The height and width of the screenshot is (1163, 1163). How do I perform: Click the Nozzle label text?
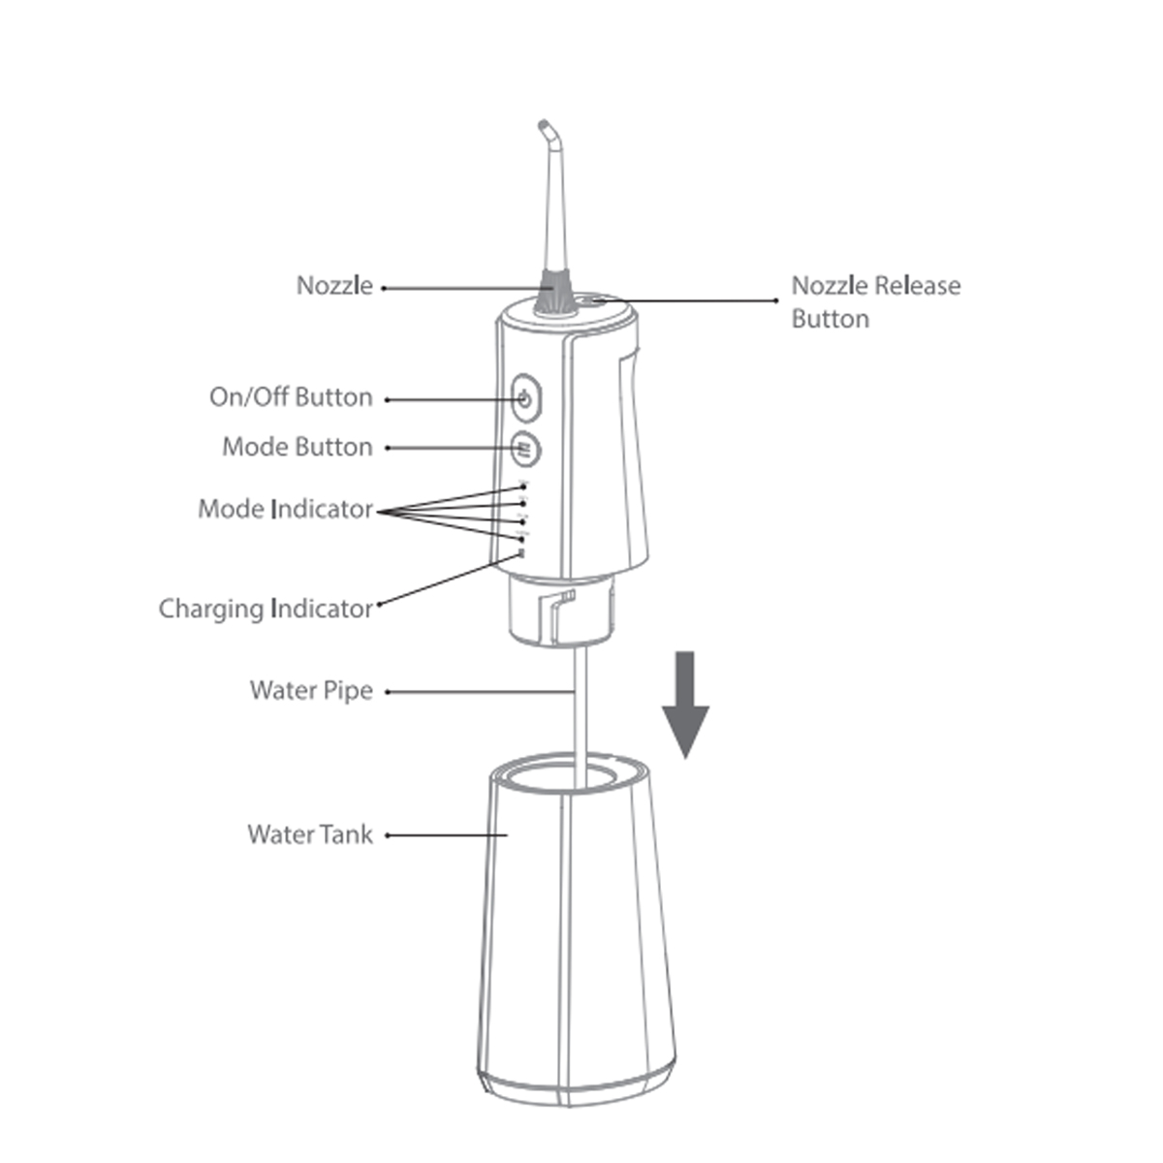click(x=333, y=286)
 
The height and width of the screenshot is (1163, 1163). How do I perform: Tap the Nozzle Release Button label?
click(x=875, y=301)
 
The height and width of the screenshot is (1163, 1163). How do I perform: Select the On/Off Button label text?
click(x=291, y=397)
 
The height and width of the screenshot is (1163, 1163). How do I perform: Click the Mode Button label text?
click(x=297, y=447)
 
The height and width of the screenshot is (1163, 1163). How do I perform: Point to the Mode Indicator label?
click(x=285, y=509)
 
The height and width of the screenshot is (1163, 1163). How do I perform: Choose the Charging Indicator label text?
click(x=266, y=609)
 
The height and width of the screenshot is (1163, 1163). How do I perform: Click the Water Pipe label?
click(x=310, y=690)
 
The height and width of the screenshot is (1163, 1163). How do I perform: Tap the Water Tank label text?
click(x=309, y=834)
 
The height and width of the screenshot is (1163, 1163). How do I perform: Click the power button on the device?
click(x=525, y=398)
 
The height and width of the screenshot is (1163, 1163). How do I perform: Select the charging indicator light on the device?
click(x=521, y=554)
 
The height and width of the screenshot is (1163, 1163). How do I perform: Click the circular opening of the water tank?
click(x=566, y=777)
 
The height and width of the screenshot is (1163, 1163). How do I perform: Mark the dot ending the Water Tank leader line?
click(x=388, y=834)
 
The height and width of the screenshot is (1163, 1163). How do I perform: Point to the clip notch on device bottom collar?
click(x=561, y=607)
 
